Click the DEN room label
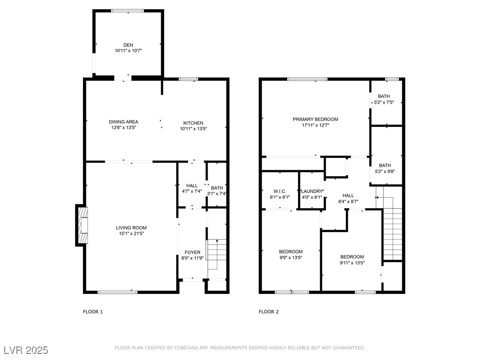pos(128,45)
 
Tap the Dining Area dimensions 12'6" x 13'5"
pos(123,127)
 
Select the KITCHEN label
pos(193,123)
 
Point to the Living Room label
pos(131,228)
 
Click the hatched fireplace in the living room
pos(82,225)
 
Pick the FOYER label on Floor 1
pos(193,253)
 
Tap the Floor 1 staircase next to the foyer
pos(217,255)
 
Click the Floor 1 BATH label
pos(217,188)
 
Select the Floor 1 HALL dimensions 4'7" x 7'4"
pos(192,191)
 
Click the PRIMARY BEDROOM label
pos(315,120)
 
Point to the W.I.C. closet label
pos(280,192)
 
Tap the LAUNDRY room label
pos(312,191)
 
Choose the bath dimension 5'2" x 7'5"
pos(384,102)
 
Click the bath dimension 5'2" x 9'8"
pos(385,172)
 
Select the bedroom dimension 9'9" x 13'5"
pos(291,258)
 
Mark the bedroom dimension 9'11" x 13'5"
pos(352,262)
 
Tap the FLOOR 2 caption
pos(269,312)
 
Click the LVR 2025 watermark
pos(26,350)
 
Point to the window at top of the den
pos(127,11)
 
